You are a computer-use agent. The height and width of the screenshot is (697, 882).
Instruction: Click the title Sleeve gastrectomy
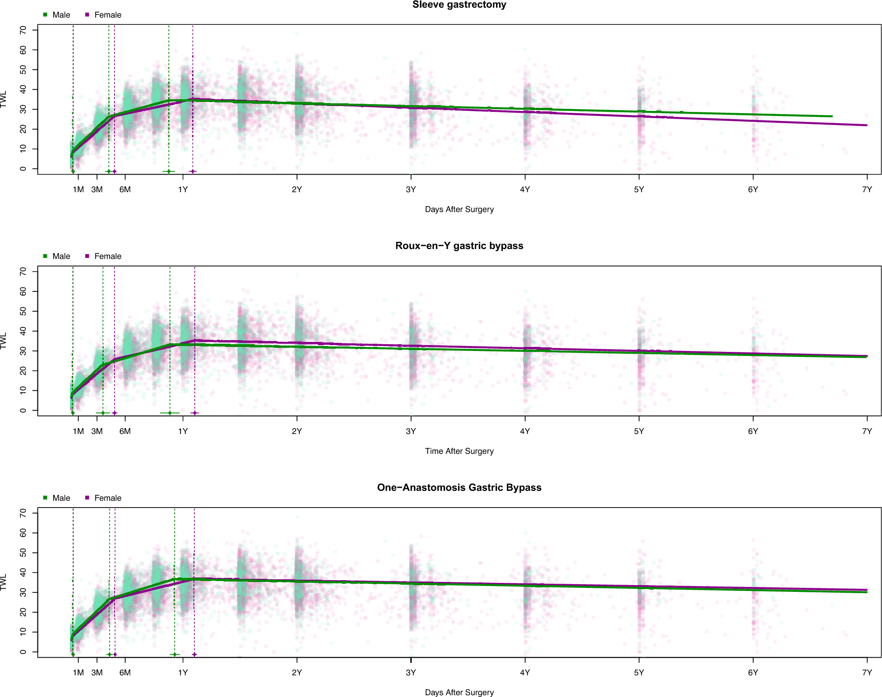pyautogui.click(x=459, y=5)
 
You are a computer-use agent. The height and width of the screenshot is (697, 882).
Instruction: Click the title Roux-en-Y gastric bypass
pyautogui.click(x=459, y=246)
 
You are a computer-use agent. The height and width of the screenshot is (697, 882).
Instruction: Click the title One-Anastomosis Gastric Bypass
pyautogui.click(x=459, y=488)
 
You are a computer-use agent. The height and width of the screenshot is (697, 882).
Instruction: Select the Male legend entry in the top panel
pyautogui.click(x=61, y=15)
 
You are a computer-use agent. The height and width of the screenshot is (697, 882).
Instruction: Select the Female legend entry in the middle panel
pyautogui.click(x=107, y=256)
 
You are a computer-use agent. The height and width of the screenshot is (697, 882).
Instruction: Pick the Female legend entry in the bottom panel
pyautogui.click(x=107, y=498)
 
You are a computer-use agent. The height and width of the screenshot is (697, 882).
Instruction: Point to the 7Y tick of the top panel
pyautogui.click(x=867, y=189)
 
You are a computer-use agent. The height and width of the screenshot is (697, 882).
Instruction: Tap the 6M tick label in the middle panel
pyautogui.click(x=125, y=431)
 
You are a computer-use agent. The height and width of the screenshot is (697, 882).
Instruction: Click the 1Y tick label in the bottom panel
pyautogui.click(x=183, y=673)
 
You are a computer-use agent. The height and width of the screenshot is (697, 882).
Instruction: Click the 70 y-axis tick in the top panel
pyautogui.click(x=23, y=30)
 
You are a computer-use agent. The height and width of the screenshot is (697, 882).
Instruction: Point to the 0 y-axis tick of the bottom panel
pyautogui.click(x=23, y=652)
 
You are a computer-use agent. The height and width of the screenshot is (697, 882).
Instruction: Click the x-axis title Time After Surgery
pyautogui.click(x=459, y=451)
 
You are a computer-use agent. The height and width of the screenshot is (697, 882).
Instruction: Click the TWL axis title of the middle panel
pyautogui.click(x=4, y=341)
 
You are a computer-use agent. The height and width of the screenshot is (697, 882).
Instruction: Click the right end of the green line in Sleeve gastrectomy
pyautogui.click(x=831, y=116)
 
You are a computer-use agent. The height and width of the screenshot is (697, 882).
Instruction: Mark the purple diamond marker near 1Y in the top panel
pyautogui.click(x=193, y=171)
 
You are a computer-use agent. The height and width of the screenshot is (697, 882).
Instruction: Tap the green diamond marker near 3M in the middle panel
pyautogui.click(x=103, y=413)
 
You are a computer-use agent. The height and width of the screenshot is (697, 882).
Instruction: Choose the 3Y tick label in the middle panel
pyautogui.click(x=410, y=431)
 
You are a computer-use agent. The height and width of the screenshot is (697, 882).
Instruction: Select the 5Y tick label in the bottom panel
pyautogui.click(x=639, y=673)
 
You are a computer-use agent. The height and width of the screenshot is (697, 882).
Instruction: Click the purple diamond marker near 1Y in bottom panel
pyautogui.click(x=194, y=655)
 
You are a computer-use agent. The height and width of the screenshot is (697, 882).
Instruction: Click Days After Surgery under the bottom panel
pyautogui.click(x=459, y=692)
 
